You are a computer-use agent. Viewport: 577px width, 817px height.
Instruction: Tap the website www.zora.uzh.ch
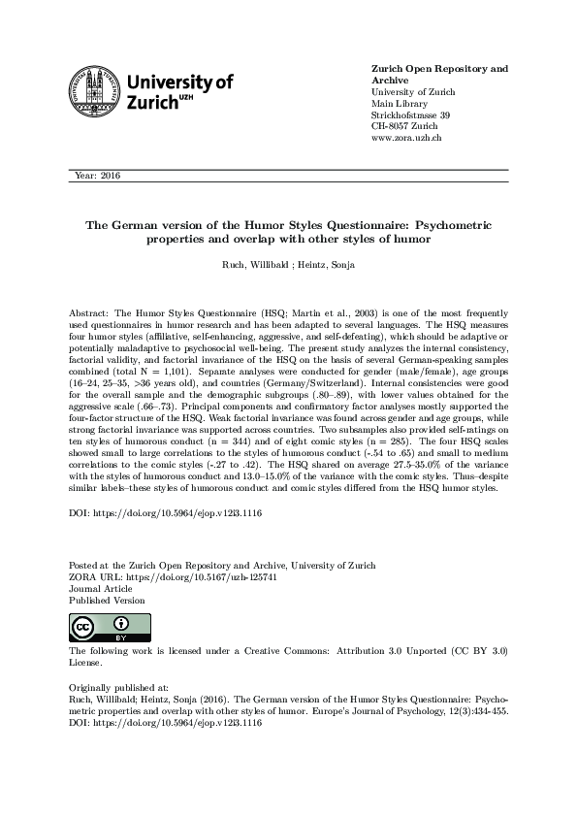tap(407, 139)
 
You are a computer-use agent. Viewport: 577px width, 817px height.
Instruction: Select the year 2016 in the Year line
tap(110, 177)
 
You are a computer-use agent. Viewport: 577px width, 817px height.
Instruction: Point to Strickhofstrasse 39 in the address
tap(410, 115)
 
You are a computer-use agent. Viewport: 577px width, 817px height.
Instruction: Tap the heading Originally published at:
tap(119, 684)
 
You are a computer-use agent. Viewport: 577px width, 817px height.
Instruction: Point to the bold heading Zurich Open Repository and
tap(440, 69)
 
